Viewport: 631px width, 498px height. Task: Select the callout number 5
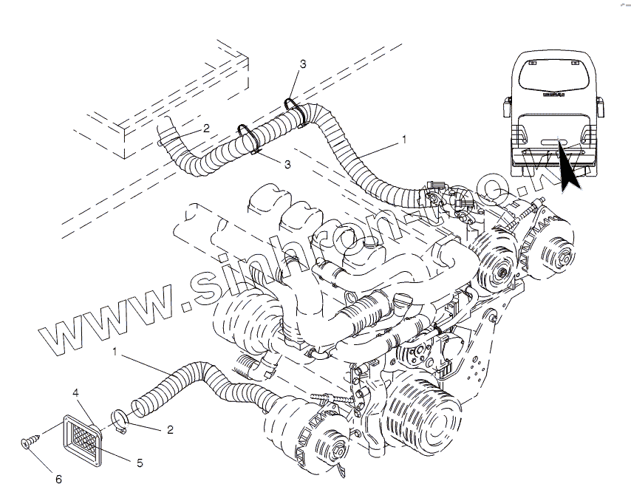pyautogui.click(x=139, y=463)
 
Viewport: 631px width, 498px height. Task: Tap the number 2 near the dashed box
pyautogui.click(x=205, y=128)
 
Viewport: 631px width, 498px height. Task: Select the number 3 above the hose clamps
pyautogui.click(x=303, y=65)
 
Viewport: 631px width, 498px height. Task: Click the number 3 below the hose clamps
pyautogui.click(x=287, y=163)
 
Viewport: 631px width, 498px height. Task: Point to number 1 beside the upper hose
pyautogui.click(x=404, y=138)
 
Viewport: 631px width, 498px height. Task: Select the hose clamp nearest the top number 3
pyautogui.click(x=293, y=106)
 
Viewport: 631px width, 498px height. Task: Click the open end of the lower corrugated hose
pyautogui.click(x=137, y=405)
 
